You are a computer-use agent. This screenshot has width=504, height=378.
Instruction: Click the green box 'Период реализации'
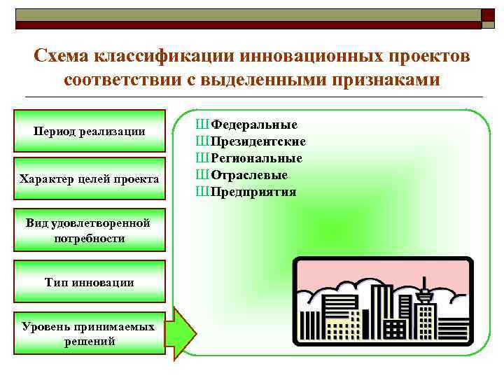click(90, 131)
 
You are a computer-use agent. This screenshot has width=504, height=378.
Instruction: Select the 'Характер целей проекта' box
click(90, 180)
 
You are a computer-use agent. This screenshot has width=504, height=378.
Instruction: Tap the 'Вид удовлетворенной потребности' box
click(90, 230)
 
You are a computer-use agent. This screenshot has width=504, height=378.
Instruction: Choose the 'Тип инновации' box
click(90, 282)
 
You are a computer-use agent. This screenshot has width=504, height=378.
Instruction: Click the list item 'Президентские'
click(258, 141)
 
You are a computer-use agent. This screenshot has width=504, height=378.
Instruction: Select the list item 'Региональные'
click(257, 158)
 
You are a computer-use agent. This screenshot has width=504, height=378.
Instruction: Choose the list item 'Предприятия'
click(253, 192)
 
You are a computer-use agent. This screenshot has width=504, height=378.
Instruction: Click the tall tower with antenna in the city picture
click(425, 308)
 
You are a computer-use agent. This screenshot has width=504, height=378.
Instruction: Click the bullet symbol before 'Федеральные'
click(203, 125)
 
